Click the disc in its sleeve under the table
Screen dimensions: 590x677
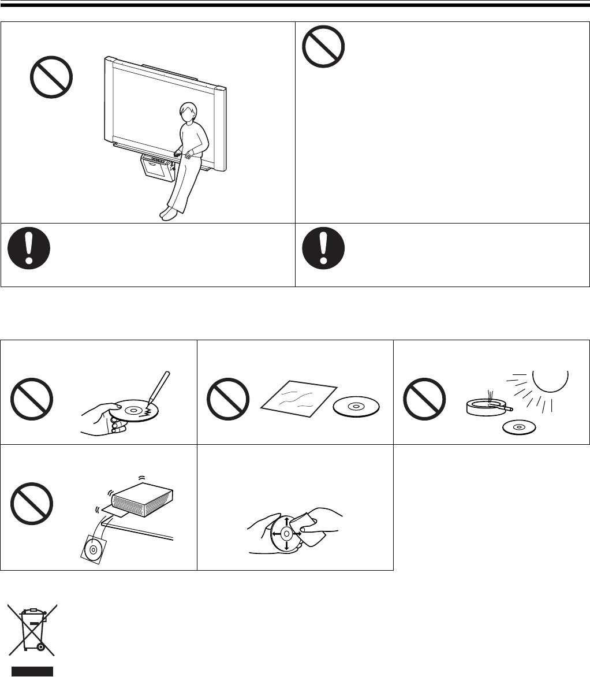tap(94, 549)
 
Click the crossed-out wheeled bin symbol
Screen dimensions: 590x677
tap(32, 630)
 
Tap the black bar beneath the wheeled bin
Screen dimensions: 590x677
tap(32, 671)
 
